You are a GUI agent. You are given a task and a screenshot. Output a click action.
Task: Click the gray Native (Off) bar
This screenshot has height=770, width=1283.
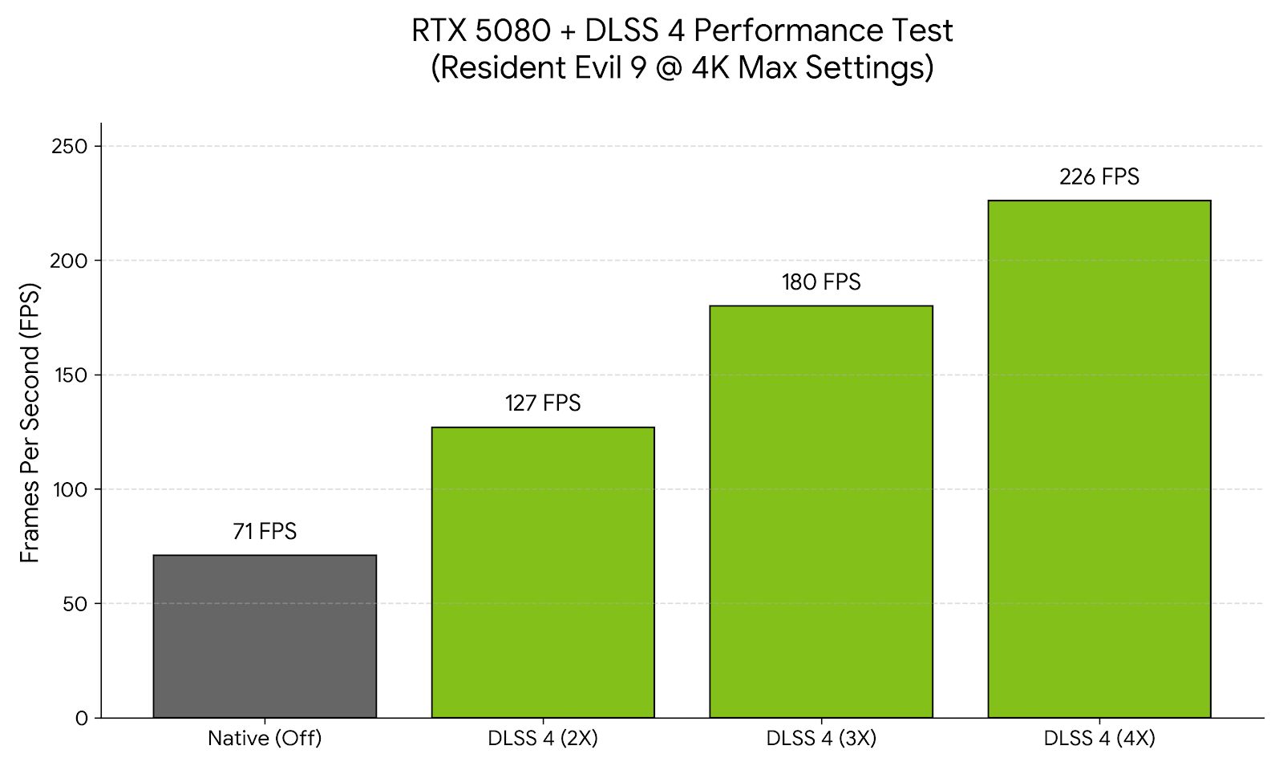[265, 636]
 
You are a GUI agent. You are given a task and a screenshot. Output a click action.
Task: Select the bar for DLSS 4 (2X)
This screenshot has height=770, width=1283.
[543, 572]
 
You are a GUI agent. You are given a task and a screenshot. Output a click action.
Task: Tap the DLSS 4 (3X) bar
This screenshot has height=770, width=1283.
[821, 511]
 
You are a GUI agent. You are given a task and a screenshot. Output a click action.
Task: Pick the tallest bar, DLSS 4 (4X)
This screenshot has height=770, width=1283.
[1099, 459]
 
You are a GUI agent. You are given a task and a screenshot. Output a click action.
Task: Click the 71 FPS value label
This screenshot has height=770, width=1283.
[265, 532]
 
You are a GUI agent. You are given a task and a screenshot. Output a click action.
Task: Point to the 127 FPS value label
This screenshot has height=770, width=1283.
[543, 403]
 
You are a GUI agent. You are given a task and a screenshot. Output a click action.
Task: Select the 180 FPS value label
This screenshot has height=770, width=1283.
[821, 282]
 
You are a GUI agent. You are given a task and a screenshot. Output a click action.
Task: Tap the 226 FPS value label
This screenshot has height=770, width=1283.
[1099, 176]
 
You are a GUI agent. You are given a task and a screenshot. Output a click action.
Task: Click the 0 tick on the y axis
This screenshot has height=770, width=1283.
[82, 719]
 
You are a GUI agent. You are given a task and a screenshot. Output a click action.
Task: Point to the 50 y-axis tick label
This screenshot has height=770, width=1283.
[75, 604]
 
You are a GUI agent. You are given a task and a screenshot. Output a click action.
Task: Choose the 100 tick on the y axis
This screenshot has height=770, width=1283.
[71, 489]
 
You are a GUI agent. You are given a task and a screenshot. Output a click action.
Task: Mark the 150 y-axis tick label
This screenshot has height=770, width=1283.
[71, 375]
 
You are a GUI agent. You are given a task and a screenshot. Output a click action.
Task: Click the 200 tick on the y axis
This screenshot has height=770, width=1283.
[70, 261]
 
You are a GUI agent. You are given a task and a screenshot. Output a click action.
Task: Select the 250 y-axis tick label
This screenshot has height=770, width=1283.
[70, 146]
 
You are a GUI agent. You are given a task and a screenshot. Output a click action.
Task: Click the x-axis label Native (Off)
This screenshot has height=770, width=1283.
[265, 739]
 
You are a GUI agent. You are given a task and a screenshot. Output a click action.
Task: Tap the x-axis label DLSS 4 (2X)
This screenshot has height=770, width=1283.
[543, 739]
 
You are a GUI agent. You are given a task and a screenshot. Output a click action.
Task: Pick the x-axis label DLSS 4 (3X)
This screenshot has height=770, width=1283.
[821, 739]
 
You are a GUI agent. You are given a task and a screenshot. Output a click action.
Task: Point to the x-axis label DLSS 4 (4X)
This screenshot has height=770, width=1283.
[1099, 739]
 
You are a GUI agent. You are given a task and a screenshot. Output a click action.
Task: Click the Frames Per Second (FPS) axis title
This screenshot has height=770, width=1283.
[30, 423]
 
